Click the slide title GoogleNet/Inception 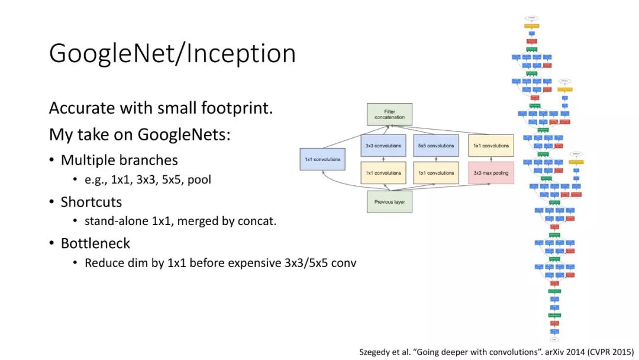pyautogui.click(x=172, y=53)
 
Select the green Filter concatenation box pyautogui.click(x=389, y=114)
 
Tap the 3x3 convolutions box pyautogui.click(x=383, y=146)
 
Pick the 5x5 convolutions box pyautogui.click(x=436, y=146)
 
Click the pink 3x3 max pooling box pyautogui.click(x=490, y=173)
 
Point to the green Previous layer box pyautogui.click(x=389, y=201)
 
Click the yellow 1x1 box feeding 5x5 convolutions pyautogui.click(x=436, y=173)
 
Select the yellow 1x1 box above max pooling pyautogui.click(x=490, y=146)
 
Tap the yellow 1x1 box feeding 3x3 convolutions pyautogui.click(x=383, y=173)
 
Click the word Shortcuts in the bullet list pyautogui.click(x=91, y=202)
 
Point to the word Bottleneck pyautogui.click(x=95, y=243)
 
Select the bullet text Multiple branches pyautogui.click(x=119, y=160)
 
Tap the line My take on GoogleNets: pyautogui.click(x=139, y=134)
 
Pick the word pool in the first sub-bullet pyautogui.click(x=199, y=179)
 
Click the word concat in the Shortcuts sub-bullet pyautogui.click(x=259, y=221)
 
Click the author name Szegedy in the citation pyautogui.click(x=377, y=352)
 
